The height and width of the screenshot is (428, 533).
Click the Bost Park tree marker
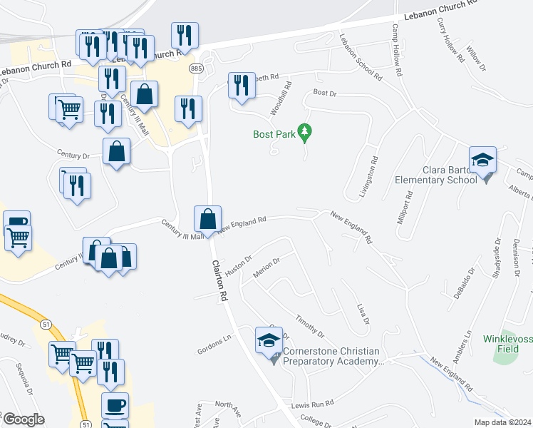[305, 132]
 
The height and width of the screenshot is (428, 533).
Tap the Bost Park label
[274, 133]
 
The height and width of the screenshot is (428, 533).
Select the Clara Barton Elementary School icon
[482, 160]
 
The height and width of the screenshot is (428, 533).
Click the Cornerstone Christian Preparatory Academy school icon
[268, 341]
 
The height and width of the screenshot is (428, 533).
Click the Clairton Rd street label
[219, 279]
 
